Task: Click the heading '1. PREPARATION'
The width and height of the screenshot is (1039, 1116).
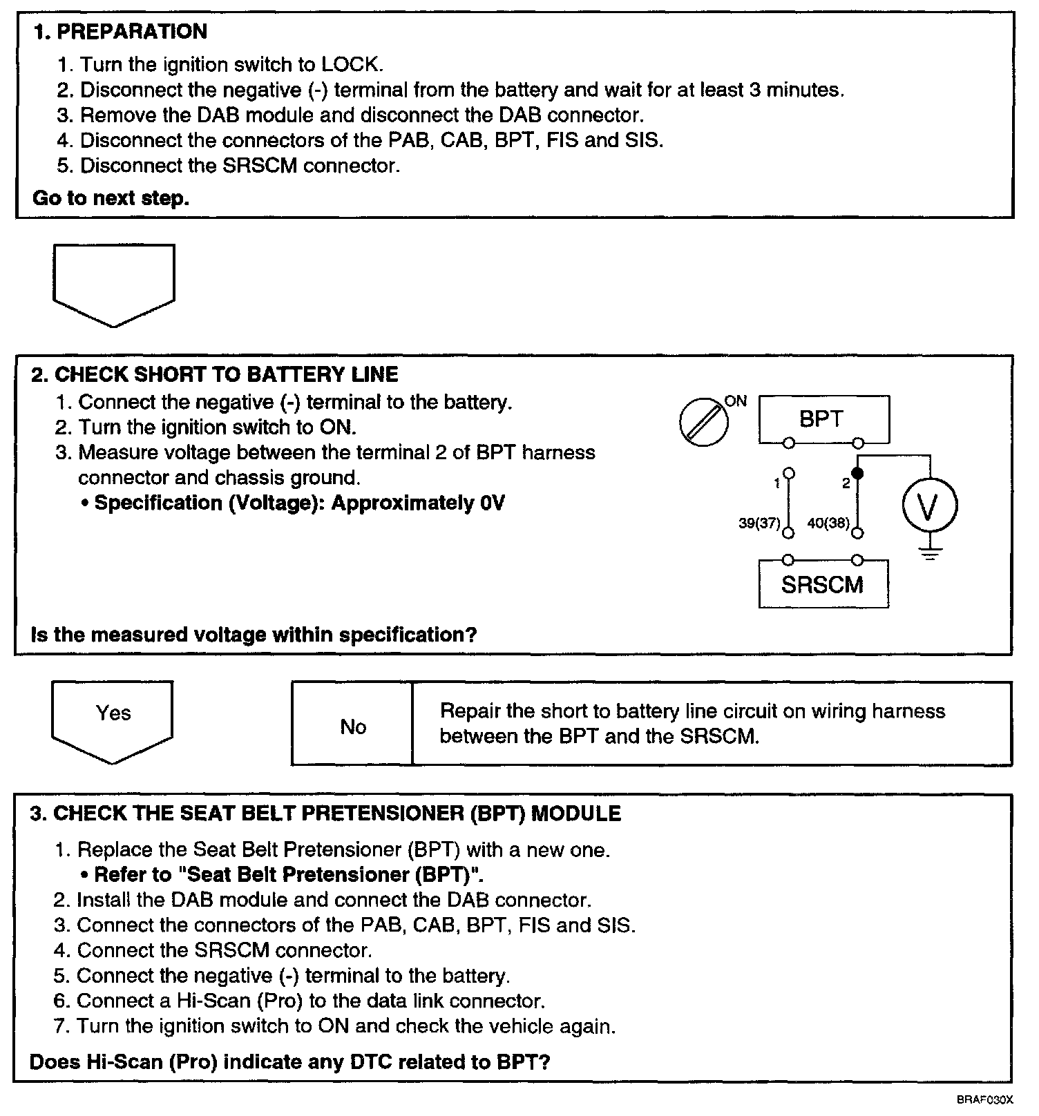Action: point(120,32)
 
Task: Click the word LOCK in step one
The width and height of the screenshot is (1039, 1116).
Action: point(350,65)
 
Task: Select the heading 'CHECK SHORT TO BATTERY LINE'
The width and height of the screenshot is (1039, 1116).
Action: point(226,375)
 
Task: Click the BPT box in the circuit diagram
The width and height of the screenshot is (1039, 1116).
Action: point(823,418)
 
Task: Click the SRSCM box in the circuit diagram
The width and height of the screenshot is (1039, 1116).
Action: point(823,585)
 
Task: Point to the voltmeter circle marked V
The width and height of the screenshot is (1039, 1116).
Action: point(930,506)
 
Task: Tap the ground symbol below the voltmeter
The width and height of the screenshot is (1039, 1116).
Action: point(930,552)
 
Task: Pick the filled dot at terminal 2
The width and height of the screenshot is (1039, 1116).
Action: point(857,474)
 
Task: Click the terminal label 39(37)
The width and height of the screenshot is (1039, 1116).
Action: point(759,523)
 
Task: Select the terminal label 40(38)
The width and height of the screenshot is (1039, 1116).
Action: point(828,523)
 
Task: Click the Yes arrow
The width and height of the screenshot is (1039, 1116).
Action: point(113,718)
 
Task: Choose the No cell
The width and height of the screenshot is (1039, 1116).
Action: point(352,727)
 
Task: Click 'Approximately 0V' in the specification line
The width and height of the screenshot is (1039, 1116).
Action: point(418,503)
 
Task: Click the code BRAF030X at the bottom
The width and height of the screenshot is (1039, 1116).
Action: point(984,1099)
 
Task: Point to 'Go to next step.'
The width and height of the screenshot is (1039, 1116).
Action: point(111,198)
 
